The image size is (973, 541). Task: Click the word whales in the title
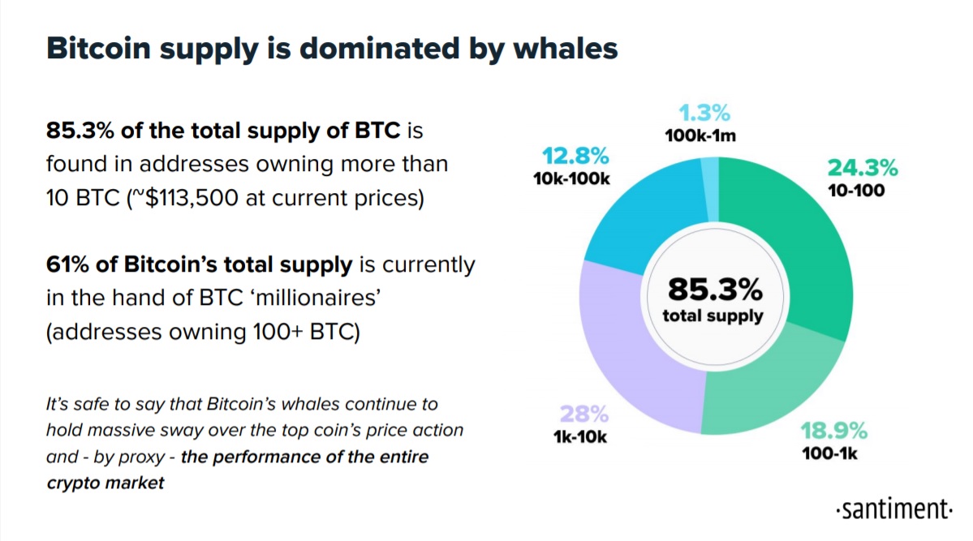pyautogui.click(x=566, y=49)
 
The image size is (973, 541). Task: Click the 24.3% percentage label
pyautogui.click(x=863, y=168)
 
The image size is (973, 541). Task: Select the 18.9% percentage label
pyautogui.click(x=833, y=430)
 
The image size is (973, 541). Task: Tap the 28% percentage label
pyautogui.click(x=584, y=413)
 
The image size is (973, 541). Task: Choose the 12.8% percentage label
pyautogui.click(x=575, y=155)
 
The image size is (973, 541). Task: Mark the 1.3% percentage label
pyautogui.click(x=704, y=112)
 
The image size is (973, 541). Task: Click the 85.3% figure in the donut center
pyautogui.click(x=715, y=289)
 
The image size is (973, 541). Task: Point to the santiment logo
pyautogui.click(x=894, y=509)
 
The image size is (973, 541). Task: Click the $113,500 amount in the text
pyautogui.click(x=192, y=198)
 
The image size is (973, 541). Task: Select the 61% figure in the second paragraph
pyautogui.click(x=67, y=264)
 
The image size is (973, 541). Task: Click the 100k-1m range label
pyautogui.click(x=700, y=135)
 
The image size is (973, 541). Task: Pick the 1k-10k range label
pyautogui.click(x=580, y=436)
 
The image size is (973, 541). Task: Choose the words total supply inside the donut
pyautogui.click(x=713, y=316)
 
